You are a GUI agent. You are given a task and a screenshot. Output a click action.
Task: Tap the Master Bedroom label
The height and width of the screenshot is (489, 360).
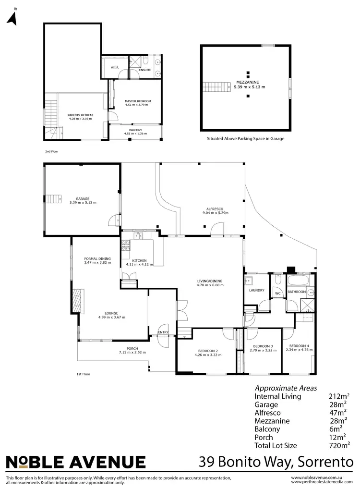138,101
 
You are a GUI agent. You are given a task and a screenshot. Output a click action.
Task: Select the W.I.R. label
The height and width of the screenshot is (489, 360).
115,68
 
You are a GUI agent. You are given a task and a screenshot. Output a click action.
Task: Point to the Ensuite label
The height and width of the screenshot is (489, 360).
145,70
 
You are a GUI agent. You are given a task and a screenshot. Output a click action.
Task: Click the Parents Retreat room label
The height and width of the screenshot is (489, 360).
81,115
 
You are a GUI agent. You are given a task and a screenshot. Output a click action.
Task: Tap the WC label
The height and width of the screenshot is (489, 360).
277,293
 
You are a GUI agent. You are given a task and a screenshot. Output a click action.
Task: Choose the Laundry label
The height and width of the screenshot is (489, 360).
257,290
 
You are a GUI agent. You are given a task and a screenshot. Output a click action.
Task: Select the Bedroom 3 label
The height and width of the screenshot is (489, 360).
263,346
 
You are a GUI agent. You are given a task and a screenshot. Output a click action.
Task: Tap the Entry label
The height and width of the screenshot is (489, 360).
163,332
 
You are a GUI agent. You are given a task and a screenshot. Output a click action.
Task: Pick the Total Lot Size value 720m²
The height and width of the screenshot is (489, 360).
338,445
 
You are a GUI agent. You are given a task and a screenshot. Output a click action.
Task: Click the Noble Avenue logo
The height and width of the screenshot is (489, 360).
75,462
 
